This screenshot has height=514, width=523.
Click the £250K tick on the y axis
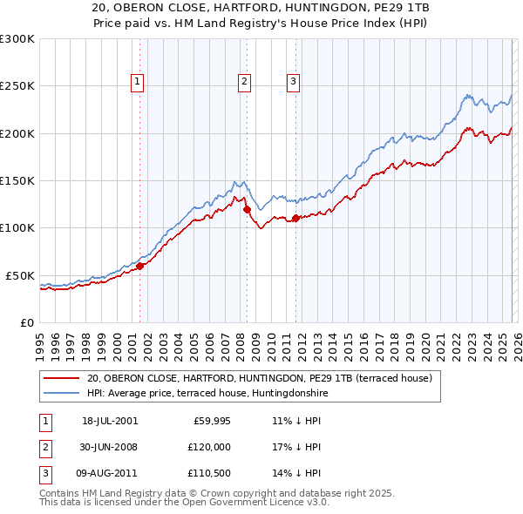tap(17, 86)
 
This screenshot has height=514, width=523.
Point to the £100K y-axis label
tap(17, 227)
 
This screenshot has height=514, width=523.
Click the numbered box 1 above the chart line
tap(138, 82)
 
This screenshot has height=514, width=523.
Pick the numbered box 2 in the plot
tap(244, 82)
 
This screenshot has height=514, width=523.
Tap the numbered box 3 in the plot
tap(293, 82)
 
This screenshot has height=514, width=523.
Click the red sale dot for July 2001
tap(140, 267)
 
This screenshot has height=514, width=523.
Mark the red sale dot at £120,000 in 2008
tap(247, 210)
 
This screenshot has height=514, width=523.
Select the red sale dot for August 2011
tap(295, 219)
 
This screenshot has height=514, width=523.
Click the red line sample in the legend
tap(61, 379)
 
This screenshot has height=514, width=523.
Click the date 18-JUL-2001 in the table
tap(110, 421)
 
